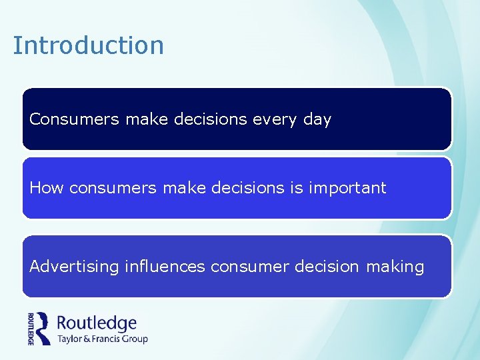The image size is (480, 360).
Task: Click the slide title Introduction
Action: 88,46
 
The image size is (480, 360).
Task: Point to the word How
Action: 46,188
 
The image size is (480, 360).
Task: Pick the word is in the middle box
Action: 296,188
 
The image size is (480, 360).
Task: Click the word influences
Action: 165,267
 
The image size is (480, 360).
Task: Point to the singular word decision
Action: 326,267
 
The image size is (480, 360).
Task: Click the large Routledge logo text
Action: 97,323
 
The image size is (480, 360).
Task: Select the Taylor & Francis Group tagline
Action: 102,339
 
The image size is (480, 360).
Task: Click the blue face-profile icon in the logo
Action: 43,327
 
